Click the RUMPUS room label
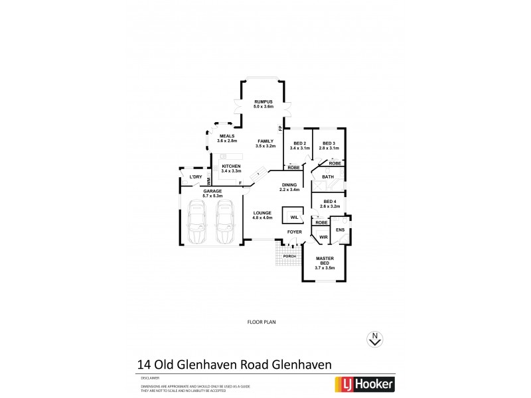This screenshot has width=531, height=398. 263,101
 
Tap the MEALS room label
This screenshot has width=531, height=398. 227,136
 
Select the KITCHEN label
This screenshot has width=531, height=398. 231,166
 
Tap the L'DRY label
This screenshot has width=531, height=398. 195,177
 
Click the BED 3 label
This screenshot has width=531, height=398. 329,143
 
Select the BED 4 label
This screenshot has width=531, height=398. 330,202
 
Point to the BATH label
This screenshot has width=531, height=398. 328,177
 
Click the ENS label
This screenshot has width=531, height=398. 340,230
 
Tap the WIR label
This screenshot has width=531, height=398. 324,237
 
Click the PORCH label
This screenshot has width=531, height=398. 289,256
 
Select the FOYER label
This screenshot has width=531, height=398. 294,233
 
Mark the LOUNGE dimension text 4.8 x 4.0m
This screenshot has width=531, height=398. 263,218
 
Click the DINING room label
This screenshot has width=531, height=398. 289,185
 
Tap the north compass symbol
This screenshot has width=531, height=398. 376,339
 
